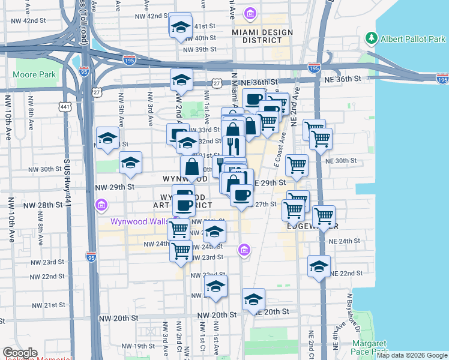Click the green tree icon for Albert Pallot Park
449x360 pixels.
tap(372, 39)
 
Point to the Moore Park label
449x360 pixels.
tap(34, 75)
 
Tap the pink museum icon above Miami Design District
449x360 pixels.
tap(250, 14)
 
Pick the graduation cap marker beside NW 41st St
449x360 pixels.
tap(179, 27)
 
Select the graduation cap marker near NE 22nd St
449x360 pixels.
tap(319, 266)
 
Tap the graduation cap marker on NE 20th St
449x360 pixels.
tap(254, 299)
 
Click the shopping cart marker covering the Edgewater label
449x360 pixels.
tap(324, 217)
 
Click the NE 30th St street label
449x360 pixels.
tap(340, 161)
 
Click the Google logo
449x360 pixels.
tap(20, 353)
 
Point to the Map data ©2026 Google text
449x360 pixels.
tap(412, 356)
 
